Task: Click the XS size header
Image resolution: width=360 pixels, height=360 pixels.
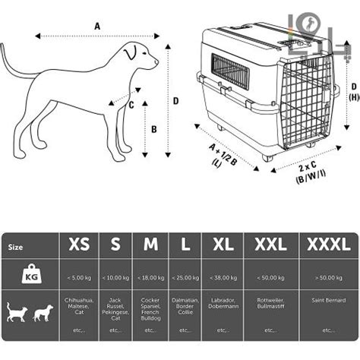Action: pyautogui.click(x=79, y=245)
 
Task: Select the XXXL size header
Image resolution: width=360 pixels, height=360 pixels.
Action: pyautogui.click(x=329, y=245)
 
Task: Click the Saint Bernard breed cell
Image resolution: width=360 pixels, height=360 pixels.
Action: pyautogui.click(x=328, y=301)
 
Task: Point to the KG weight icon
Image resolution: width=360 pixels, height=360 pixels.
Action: pyautogui.click(x=30, y=274)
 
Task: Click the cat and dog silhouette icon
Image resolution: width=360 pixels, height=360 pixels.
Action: pyautogui.click(x=30, y=311)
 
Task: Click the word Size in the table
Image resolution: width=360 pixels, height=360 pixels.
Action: pyautogui.click(x=15, y=247)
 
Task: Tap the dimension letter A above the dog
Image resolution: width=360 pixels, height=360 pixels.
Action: pyautogui.click(x=97, y=26)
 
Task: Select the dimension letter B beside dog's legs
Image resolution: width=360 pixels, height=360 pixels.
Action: pyautogui.click(x=153, y=129)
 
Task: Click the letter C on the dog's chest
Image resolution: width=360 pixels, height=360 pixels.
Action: pyautogui.click(x=131, y=106)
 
